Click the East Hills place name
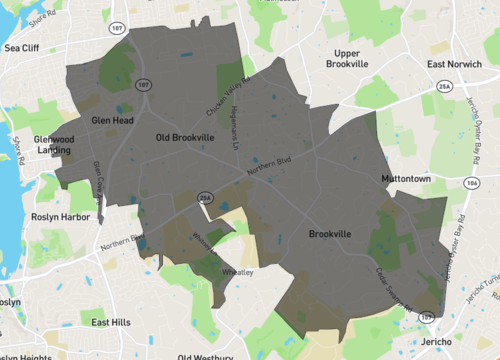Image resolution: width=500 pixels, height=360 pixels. [x=110, y=322]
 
